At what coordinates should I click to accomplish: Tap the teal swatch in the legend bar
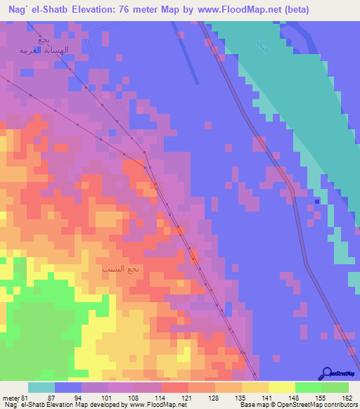tap(41, 388)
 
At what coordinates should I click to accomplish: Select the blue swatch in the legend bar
tap(68, 388)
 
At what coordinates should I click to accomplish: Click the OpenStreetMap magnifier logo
tap(327, 373)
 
